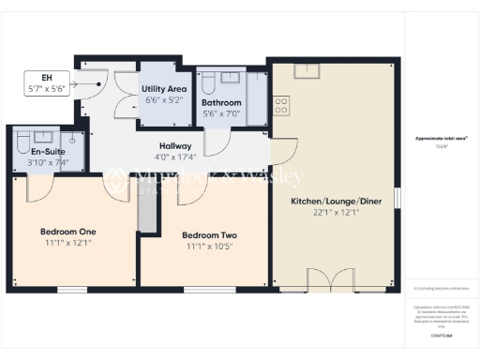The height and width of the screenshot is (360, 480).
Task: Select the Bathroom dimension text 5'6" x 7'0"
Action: (x=222, y=114)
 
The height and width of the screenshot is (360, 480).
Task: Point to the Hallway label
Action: (x=175, y=146)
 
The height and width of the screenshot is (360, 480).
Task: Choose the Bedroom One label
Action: (x=68, y=231)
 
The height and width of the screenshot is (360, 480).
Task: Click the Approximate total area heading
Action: (x=441, y=139)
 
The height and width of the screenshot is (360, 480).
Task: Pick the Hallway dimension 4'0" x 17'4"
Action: (x=175, y=157)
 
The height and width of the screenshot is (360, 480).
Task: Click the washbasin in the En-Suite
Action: (x=72, y=140)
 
